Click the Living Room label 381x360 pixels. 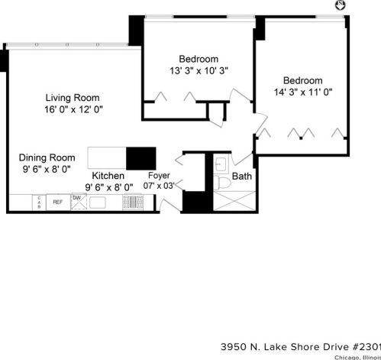pyautogui.click(x=73, y=97)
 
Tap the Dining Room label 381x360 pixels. pyautogui.click(x=46, y=156)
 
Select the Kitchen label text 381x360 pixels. pyautogui.click(x=108, y=175)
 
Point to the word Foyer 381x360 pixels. pyautogui.click(x=159, y=175)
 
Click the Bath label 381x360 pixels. pyautogui.click(x=241, y=176)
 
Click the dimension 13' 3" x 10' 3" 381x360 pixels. pyautogui.click(x=199, y=70)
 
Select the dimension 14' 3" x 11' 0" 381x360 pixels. pyautogui.click(x=302, y=92)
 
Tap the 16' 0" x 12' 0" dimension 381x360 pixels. pyautogui.click(x=73, y=109)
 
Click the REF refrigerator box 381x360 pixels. pyautogui.click(x=57, y=202)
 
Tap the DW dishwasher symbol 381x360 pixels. pyautogui.click(x=77, y=199)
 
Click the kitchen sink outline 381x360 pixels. pyautogui.click(x=98, y=203)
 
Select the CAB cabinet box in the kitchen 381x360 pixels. pyautogui.click(x=37, y=202)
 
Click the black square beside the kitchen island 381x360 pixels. pyautogui.click(x=140, y=158)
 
